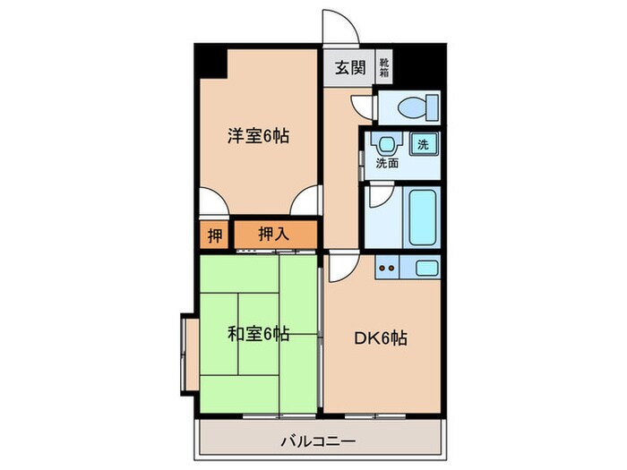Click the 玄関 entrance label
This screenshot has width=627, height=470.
(350, 67)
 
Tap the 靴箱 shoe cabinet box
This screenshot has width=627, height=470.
(383, 66)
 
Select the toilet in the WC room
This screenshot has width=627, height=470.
(411, 108)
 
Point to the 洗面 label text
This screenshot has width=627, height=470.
(387, 164)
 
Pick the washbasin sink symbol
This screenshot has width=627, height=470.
(387, 143)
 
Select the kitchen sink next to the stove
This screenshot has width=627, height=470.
(425, 266)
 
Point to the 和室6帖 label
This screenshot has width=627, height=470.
(257, 334)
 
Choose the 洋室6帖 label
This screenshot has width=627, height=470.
(257, 137)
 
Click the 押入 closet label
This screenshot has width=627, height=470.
(273, 235)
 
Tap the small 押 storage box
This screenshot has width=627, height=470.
(214, 235)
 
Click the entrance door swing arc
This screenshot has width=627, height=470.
(341, 27)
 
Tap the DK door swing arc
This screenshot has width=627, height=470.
(340, 265)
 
